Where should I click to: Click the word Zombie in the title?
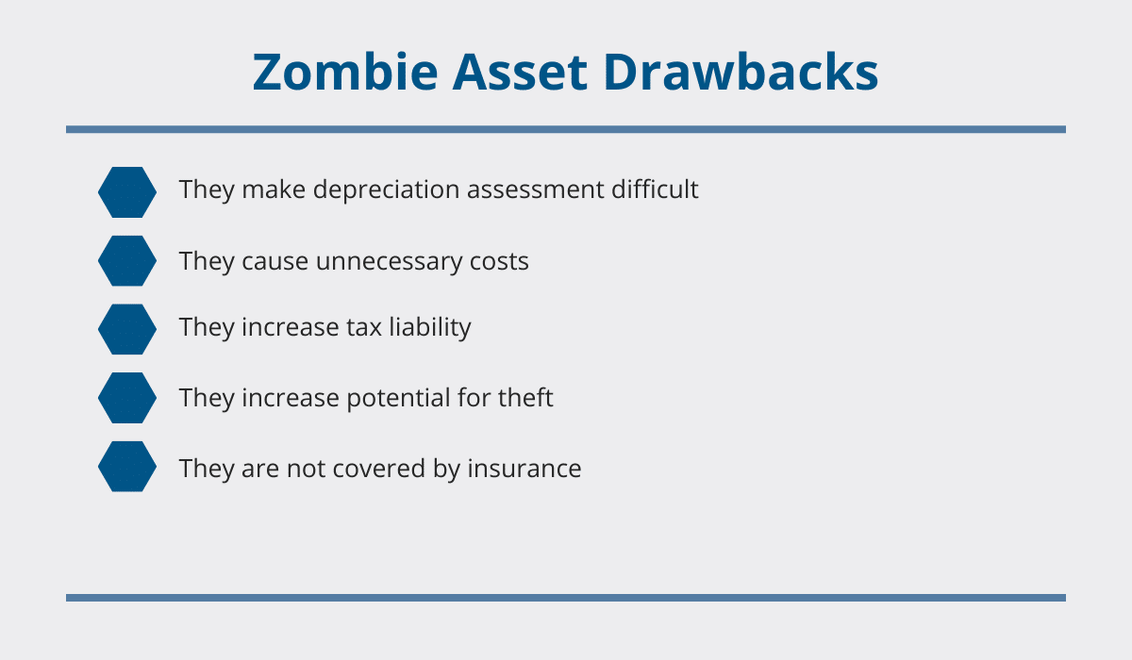pos(345,72)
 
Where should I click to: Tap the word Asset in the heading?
pos(520,72)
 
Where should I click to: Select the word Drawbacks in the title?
pos(741,72)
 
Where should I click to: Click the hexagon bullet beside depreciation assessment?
pos(127,192)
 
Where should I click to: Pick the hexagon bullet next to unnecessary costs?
pos(127,260)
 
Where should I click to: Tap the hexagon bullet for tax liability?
pos(127,329)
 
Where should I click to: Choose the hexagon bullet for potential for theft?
pos(127,398)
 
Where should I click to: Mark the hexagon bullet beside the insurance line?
pos(127,467)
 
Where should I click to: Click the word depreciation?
pos(386,190)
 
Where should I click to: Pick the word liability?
pos(430,328)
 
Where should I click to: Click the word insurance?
pos(524,469)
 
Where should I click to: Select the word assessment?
pos(536,190)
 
